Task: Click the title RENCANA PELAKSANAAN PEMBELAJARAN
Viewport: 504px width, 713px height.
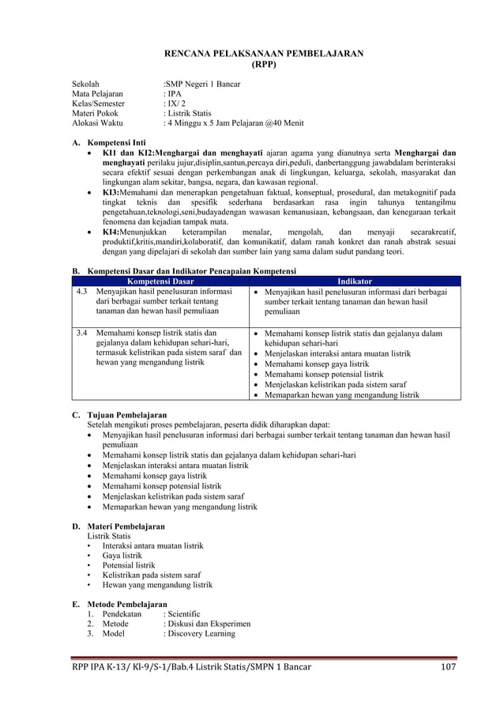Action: pos(263,53)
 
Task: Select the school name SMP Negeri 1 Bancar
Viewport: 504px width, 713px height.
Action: pos(202,84)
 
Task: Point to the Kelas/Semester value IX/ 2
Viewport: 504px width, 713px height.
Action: pos(174,104)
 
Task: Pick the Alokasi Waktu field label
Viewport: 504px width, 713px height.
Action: pos(97,123)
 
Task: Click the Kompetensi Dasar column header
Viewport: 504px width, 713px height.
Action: pos(160,281)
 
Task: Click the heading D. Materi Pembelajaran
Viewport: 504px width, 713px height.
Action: pos(118,526)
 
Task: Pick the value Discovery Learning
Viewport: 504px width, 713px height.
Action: pos(201,634)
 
